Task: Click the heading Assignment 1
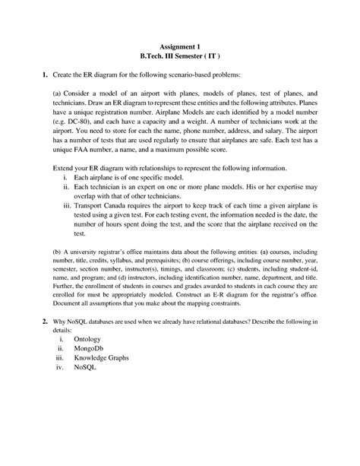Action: [180, 46]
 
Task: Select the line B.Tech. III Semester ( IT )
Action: [180, 56]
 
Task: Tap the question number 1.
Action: [45, 76]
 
